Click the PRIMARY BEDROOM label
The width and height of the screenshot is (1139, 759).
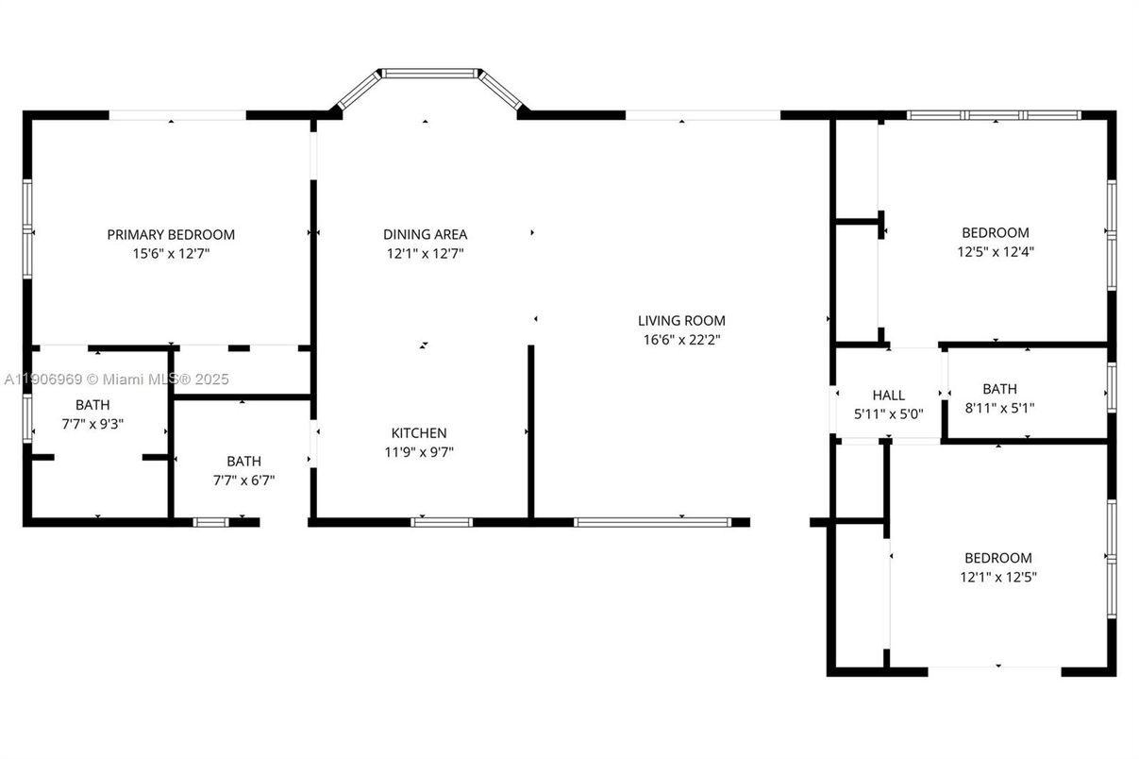coord(171,234)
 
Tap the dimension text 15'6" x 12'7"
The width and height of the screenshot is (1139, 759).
coord(171,253)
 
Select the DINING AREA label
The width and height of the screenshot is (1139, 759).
coord(425,234)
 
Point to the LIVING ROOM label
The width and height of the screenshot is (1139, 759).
coord(681,320)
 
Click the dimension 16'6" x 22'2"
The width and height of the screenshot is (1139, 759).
coord(681,340)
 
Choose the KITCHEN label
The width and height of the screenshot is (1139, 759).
coord(419,432)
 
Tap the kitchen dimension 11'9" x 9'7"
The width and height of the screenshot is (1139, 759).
coord(419,451)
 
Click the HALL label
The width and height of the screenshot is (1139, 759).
coord(888,396)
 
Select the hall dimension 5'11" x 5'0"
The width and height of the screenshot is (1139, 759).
coord(888,413)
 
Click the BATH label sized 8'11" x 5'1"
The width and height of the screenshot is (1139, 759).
coord(999,388)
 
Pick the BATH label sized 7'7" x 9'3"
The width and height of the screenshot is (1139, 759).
coord(92,405)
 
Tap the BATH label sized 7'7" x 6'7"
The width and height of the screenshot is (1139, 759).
coord(243,461)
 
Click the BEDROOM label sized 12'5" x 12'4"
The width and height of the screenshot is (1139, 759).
coord(995,232)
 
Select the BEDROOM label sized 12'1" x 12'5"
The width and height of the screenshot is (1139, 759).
coord(997,558)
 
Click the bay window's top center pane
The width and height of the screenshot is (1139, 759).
coord(429,72)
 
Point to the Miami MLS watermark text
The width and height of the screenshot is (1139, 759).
coord(116,379)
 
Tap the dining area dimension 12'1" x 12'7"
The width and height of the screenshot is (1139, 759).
coord(425,253)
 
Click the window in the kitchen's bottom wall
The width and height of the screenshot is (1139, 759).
coord(442,521)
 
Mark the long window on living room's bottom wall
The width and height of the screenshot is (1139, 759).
coord(652,521)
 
